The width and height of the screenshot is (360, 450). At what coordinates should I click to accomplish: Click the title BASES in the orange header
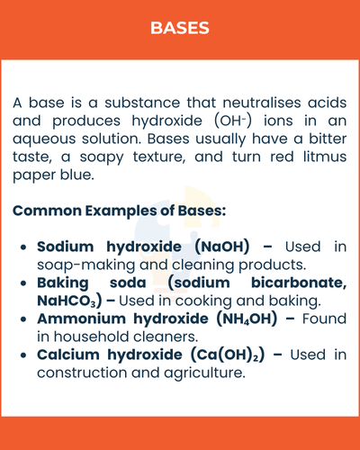click(180, 28)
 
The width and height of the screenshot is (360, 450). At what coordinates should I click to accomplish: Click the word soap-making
click(81, 265)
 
